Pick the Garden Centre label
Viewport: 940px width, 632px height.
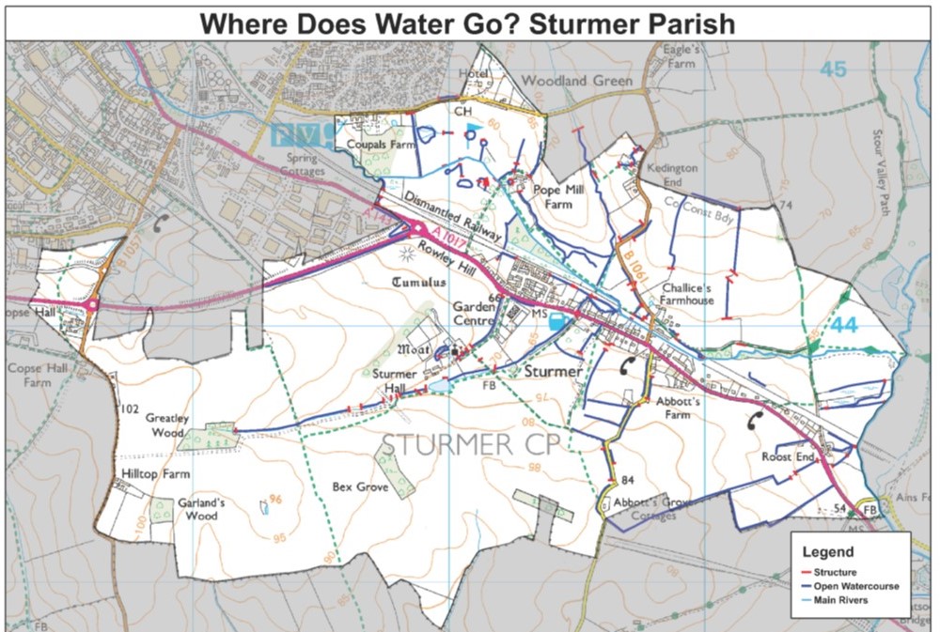point(473,313)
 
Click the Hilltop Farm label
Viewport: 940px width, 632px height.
point(156,474)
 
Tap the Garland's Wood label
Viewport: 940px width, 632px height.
point(202,509)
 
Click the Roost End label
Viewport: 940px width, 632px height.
point(788,457)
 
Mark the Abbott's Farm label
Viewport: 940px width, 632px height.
point(681,407)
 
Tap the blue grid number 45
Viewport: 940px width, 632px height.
point(832,69)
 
